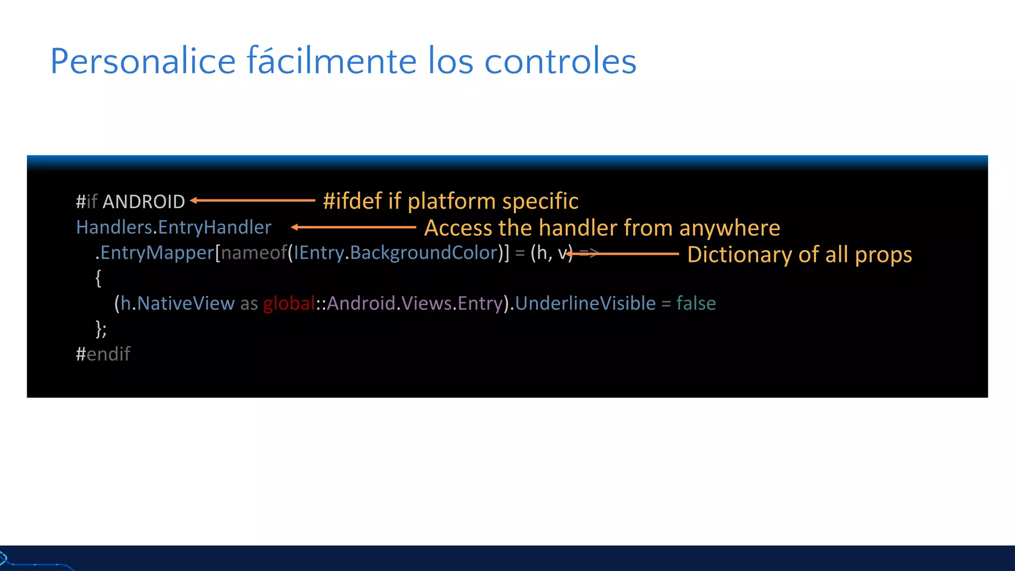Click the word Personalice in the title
click(143, 61)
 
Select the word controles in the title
click(560, 61)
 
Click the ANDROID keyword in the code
click(144, 202)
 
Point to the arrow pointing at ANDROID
click(253, 200)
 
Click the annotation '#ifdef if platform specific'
click(451, 201)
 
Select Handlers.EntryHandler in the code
click(173, 227)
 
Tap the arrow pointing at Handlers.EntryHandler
click(353, 227)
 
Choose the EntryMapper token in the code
click(157, 253)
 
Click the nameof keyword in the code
click(254, 253)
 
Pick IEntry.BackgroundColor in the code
click(395, 253)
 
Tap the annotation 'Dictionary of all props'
click(799, 254)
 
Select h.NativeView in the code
click(177, 303)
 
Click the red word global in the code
click(289, 303)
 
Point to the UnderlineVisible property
click(585, 303)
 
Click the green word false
click(696, 303)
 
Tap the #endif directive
click(103, 354)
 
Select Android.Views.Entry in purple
click(415, 303)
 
